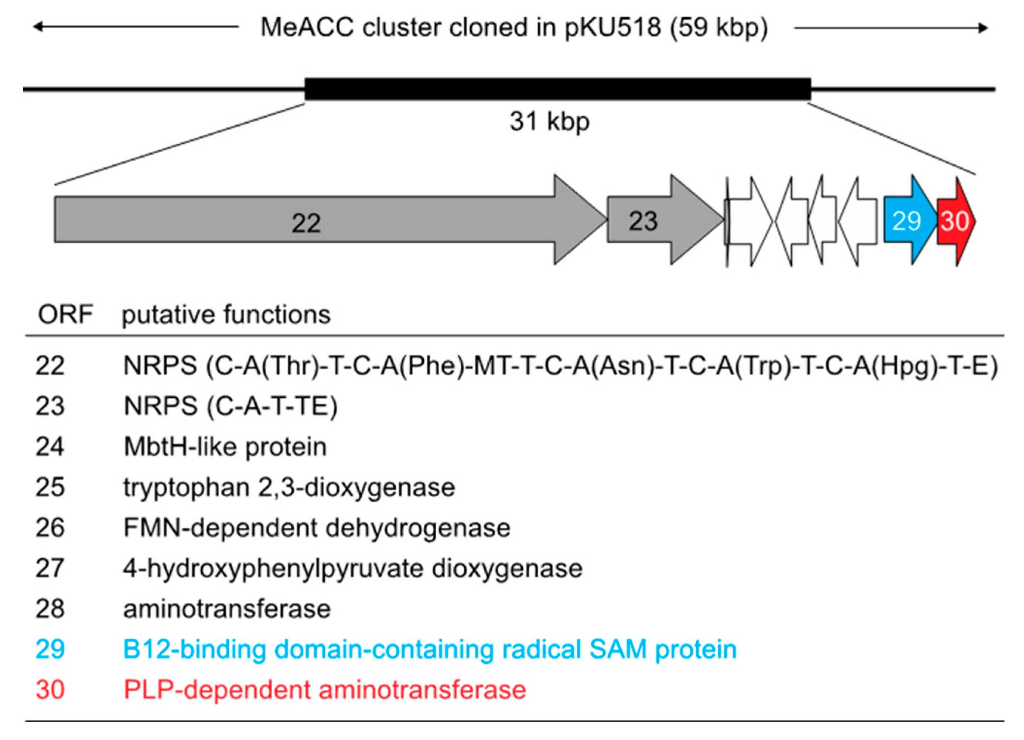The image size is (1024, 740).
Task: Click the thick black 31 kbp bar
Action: tap(557, 89)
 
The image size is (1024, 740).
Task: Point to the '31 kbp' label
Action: tap(549, 122)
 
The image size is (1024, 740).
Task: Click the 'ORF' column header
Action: tap(65, 315)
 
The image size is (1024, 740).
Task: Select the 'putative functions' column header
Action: tap(226, 315)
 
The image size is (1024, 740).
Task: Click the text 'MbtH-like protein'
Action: tap(225, 447)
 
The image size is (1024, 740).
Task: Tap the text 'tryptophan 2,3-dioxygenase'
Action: tap(289, 487)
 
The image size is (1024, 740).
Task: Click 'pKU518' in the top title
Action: tap(613, 28)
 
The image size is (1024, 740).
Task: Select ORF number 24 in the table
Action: tap(50, 447)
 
